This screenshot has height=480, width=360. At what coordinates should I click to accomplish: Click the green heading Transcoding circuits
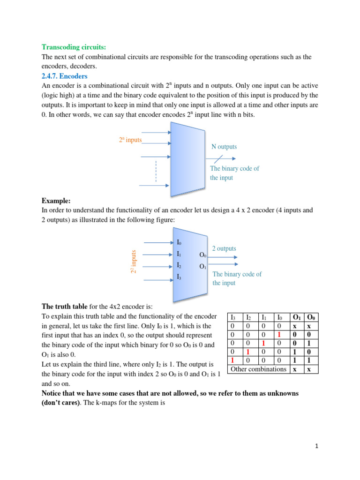tap(74, 47)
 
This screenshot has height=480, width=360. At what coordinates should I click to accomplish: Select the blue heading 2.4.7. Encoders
tap(65, 75)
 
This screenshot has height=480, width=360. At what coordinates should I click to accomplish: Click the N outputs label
tap(224, 147)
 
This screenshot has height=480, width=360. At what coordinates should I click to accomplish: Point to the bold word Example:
tap(56, 201)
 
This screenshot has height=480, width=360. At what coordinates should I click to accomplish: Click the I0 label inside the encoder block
tap(179, 243)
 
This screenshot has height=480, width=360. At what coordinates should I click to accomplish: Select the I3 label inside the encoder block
tap(179, 277)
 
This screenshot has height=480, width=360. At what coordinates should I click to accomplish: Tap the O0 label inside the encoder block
tap(203, 255)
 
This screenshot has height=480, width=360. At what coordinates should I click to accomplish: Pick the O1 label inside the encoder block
tap(203, 267)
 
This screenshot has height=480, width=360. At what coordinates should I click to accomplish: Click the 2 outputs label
tap(224, 248)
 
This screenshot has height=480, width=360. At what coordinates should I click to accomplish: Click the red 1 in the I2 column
tap(247, 352)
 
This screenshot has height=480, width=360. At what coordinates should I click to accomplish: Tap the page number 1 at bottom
tap(316, 447)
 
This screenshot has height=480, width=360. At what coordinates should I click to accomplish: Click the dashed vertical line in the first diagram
tap(156, 172)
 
